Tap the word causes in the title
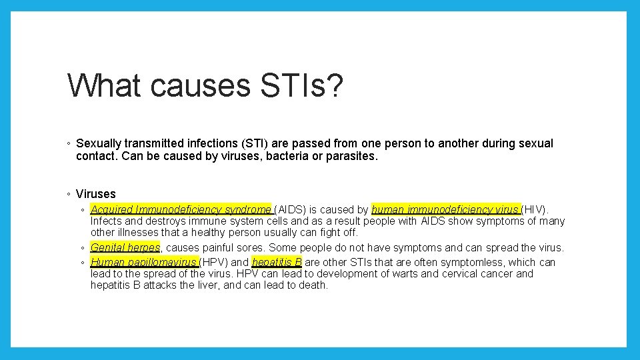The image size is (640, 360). click(195, 86)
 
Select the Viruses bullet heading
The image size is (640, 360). click(95, 194)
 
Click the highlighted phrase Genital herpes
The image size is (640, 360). click(125, 247)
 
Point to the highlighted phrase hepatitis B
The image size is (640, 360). click(277, 262)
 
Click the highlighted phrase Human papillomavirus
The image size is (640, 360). click(144, 262)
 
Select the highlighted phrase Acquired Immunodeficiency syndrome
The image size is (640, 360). click(181, 209)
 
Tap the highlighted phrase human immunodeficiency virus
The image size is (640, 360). click(446, 209)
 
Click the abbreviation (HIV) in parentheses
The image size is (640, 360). click(535, 209)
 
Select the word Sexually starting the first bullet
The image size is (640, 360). click(99, 143)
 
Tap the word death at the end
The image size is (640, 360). click(313, 285)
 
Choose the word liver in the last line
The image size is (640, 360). click(199, 285)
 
